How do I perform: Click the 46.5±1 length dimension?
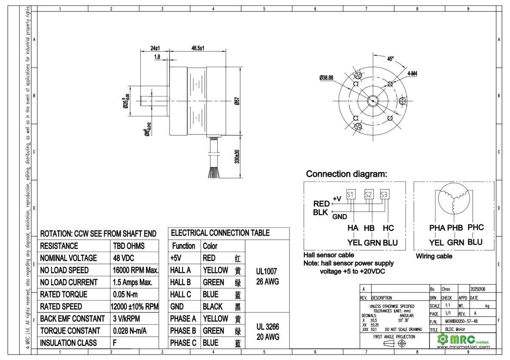[x=198, y=48]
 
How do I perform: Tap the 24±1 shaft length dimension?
[x=155, y=48]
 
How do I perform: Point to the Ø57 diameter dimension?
[x=238, y=101]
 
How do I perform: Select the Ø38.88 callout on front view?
[x=326, y=78]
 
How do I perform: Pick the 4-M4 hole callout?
[x=412, y=73]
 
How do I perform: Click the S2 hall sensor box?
[x=369, y=194]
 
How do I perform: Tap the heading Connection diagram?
[x=347, y=174]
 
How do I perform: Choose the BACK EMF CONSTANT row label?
[x=72, y=319]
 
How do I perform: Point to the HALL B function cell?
[x=180, y=282]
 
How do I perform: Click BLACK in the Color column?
[x=212, y=306]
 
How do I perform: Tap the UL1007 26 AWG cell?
[x=267, y=276]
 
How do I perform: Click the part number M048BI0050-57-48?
[x=461, y=321]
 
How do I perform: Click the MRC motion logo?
[x=464, y=340]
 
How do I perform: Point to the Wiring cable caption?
[x=434, y=256]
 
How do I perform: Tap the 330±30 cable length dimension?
[x=238, y=156]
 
